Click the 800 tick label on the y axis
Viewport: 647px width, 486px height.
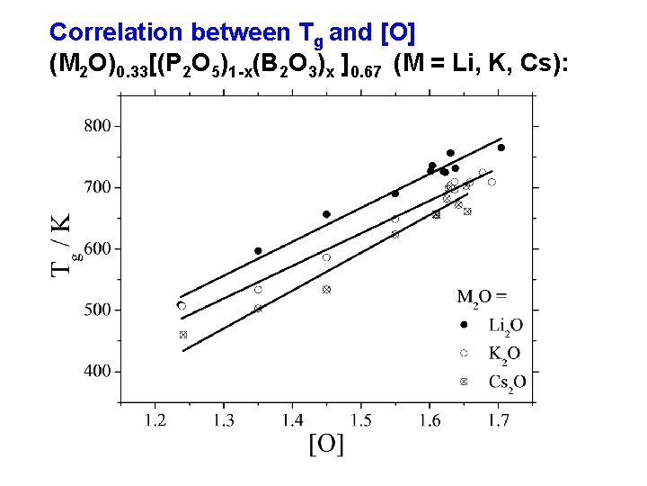[98, 126]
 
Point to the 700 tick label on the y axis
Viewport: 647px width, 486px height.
[98, 187]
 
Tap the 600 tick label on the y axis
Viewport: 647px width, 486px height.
[98, 248]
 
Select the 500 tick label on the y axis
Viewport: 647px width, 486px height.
[98, 310]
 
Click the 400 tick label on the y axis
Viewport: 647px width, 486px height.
[98, 371]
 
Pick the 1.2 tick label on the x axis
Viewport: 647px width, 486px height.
[155, 420]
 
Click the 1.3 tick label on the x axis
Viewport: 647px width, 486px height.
[224, 420]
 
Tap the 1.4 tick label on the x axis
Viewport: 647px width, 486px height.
[292, 420]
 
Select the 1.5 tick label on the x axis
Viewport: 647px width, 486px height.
[360, 420]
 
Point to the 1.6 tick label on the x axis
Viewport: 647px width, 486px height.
[429, 420]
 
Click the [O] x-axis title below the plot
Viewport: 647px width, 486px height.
[326, 444]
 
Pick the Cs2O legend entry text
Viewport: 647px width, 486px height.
[507, 382]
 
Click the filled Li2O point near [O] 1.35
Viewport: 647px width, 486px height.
[258, 251]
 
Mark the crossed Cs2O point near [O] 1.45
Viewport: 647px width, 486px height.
[326, 290]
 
